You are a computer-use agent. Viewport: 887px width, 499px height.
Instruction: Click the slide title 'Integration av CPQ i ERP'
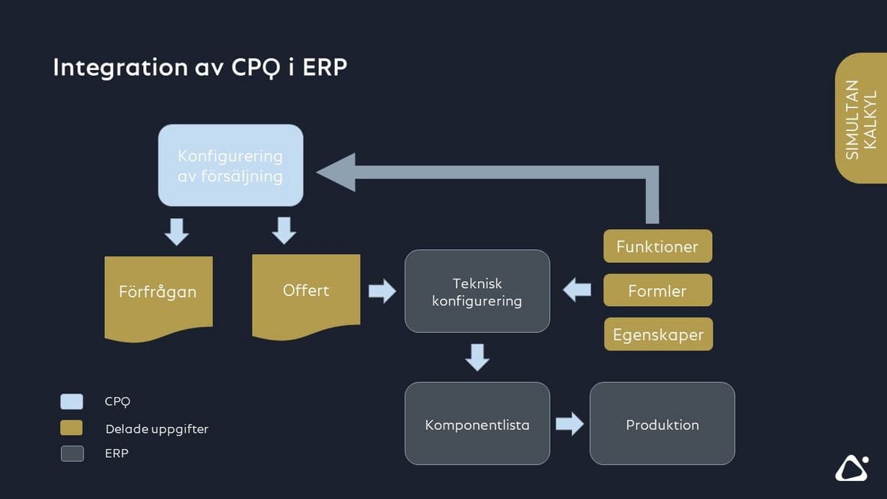pyautogui.click(x=200, y=67)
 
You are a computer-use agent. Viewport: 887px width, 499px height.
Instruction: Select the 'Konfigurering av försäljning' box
pyautogui.click(x=230, y=166)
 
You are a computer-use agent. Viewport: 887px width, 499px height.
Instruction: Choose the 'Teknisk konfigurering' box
pyautogui.click(x=477, y=292)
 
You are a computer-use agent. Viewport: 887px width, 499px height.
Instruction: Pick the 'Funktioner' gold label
pyautogui.click(x=657, y=246)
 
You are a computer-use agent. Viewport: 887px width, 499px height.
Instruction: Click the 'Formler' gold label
pyautogui.click(x=657, y=291)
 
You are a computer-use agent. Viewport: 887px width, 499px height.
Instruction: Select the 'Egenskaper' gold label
pyautogui.click(x=658, y=335)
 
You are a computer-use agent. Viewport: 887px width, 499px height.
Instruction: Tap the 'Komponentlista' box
pyautogui.click(x=477, y=424)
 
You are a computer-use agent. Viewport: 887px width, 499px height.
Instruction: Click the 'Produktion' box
pyautogui.click(x=662, y=424)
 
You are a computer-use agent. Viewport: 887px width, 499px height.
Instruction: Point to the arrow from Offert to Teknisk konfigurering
pyautogui.click(x=382, y=291)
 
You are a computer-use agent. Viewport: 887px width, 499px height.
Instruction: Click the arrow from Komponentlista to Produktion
pyautogui.click(x=569, y=423)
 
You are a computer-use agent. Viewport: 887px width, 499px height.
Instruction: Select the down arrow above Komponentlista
pyautogui.click(x=477, y=357)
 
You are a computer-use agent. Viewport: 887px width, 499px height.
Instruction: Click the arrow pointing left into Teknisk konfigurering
pyautogui.click(x=577, y=290)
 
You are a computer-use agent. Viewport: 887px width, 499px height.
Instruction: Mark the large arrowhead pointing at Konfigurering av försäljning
pyautogui.click(x=337, y=172)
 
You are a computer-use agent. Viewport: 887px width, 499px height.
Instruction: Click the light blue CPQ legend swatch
pyautogui.click(x=72, y=402)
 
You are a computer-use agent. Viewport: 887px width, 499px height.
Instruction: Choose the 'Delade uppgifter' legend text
pyautogui.click(x=156, y=429)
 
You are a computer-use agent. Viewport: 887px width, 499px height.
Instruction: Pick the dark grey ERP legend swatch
pyautogui.click(x=72, y=454)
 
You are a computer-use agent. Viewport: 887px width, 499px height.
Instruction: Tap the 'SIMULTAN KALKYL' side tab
pyautogui.click(x=861, y=119)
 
